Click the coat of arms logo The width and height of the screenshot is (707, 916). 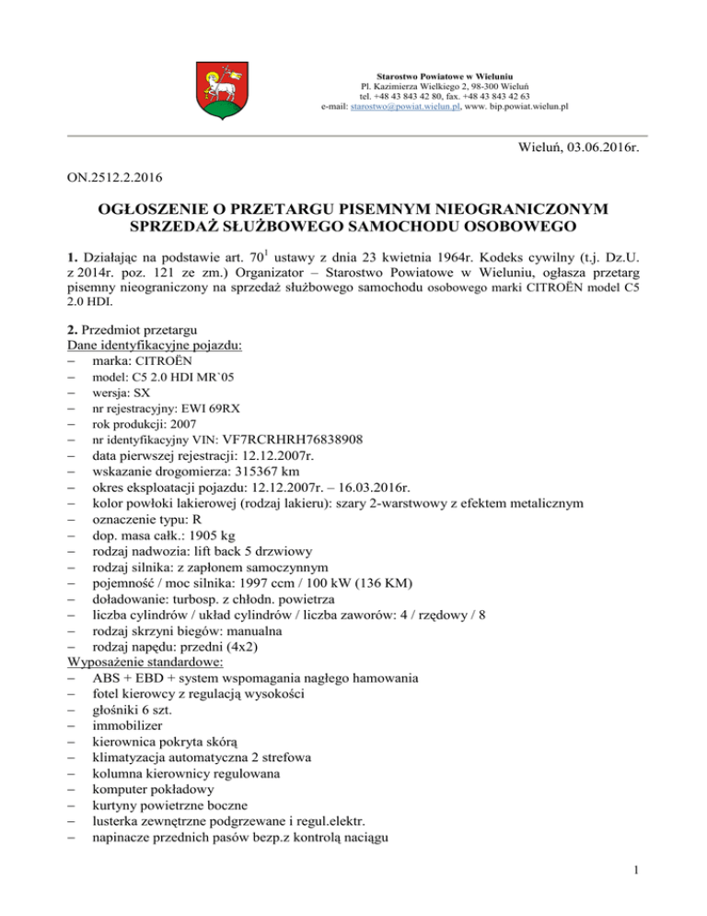pyautogui.click(x=218, y=88)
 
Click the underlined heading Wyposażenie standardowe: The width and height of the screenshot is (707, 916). pyautogui.click(x=135, y=662)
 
